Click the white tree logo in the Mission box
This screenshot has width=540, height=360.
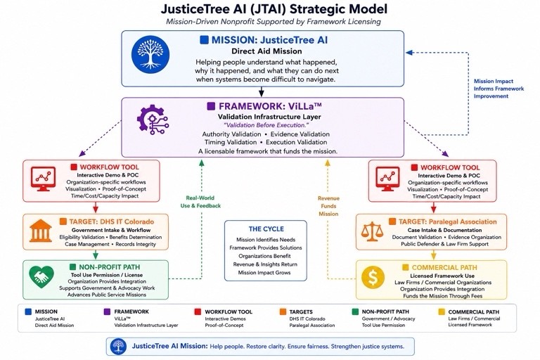[150, 54]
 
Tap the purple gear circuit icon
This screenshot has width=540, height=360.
[153, 120]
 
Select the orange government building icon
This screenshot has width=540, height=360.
[41, 231]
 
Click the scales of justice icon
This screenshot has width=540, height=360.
[372, 231]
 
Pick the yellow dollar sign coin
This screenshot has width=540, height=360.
[373, 276]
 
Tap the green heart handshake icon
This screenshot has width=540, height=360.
[41, 276]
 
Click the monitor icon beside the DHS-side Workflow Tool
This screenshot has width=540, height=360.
[43, 179]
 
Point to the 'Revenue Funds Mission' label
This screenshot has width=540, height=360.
[328, 206]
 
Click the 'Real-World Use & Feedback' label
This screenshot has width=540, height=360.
[200, 202]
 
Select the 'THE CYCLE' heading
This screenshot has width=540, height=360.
[266, 229]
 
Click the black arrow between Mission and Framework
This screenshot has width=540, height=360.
[262, 91]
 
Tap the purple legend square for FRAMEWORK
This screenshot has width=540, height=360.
[107, 311]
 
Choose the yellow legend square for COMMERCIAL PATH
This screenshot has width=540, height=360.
[441, 311]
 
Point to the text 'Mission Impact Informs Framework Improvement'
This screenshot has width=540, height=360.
[499, 89]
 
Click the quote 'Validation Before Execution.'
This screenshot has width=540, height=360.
[266, 125]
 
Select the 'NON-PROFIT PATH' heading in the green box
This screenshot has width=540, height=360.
[110, 267]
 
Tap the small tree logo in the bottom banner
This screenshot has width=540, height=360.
[118, 346]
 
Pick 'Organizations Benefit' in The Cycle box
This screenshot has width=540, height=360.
[264, 256]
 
